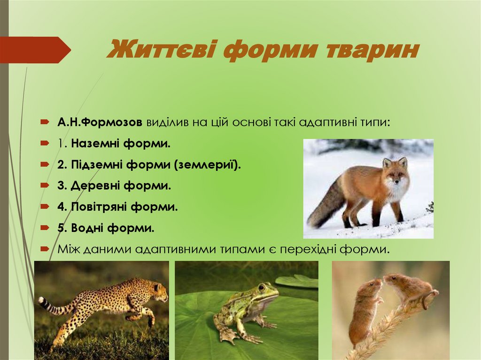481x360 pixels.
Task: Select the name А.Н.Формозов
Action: [x=100, y=123]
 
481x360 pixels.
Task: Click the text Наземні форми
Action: [x=121, y=143]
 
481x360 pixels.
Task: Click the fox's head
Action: [x=396, y=174]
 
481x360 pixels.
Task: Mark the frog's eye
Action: [x=262, y=287]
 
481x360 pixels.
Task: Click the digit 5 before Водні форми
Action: [x=61, y=228]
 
